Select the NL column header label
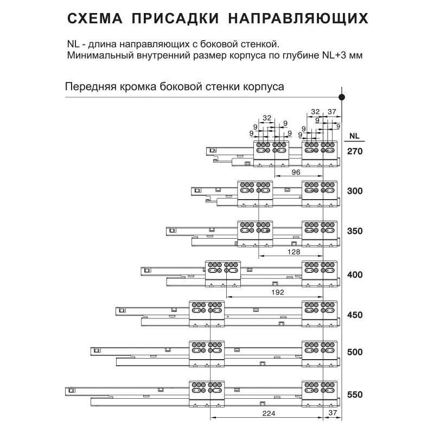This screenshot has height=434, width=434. click(354, 136)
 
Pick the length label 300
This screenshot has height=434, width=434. click(354, 191)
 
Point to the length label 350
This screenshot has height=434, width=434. click(354, 231)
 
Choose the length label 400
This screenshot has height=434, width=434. click(354, 275)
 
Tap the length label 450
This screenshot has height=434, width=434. click(354, 315)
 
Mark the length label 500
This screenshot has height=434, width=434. click(354, 352)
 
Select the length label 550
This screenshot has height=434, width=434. click(354, 395)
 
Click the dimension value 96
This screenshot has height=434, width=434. click(295, 172)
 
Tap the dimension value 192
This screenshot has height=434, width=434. click(276, 292)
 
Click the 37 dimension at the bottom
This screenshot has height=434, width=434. click(333, 414)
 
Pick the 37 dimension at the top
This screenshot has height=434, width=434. click(333, 112)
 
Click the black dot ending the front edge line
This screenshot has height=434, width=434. click(342, 97)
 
